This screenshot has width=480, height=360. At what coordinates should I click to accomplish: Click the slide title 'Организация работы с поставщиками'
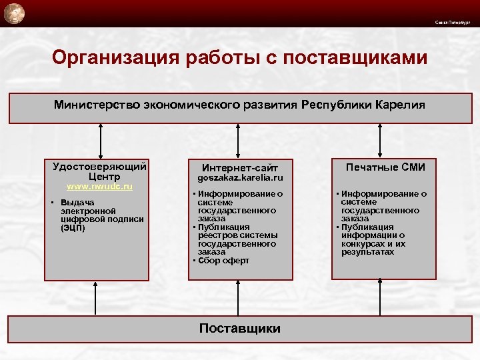coord(239,59)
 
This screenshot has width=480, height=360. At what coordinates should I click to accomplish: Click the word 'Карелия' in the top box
coord(399,105)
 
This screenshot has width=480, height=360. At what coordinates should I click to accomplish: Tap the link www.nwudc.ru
coord(99,187)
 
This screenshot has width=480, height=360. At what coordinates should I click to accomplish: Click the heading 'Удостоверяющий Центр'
coord(99,171)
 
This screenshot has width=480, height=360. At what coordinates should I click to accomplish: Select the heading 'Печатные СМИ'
coord(385,167)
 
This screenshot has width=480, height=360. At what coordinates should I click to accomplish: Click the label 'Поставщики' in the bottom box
coord(240,328)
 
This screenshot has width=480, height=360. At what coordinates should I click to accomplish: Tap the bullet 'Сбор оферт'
coord(223,261)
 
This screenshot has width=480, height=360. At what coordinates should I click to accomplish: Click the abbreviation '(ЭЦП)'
coord(72,227)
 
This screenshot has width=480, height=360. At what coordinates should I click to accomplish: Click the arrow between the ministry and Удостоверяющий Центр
coord(100,141)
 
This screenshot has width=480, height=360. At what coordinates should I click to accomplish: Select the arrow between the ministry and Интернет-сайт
coord(240,141)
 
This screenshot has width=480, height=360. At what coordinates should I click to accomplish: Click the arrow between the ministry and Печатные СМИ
coord(381,141)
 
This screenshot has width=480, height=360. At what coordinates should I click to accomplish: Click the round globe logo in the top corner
coord(13,12)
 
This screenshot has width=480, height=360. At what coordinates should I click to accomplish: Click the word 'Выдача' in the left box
coord(77,202)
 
